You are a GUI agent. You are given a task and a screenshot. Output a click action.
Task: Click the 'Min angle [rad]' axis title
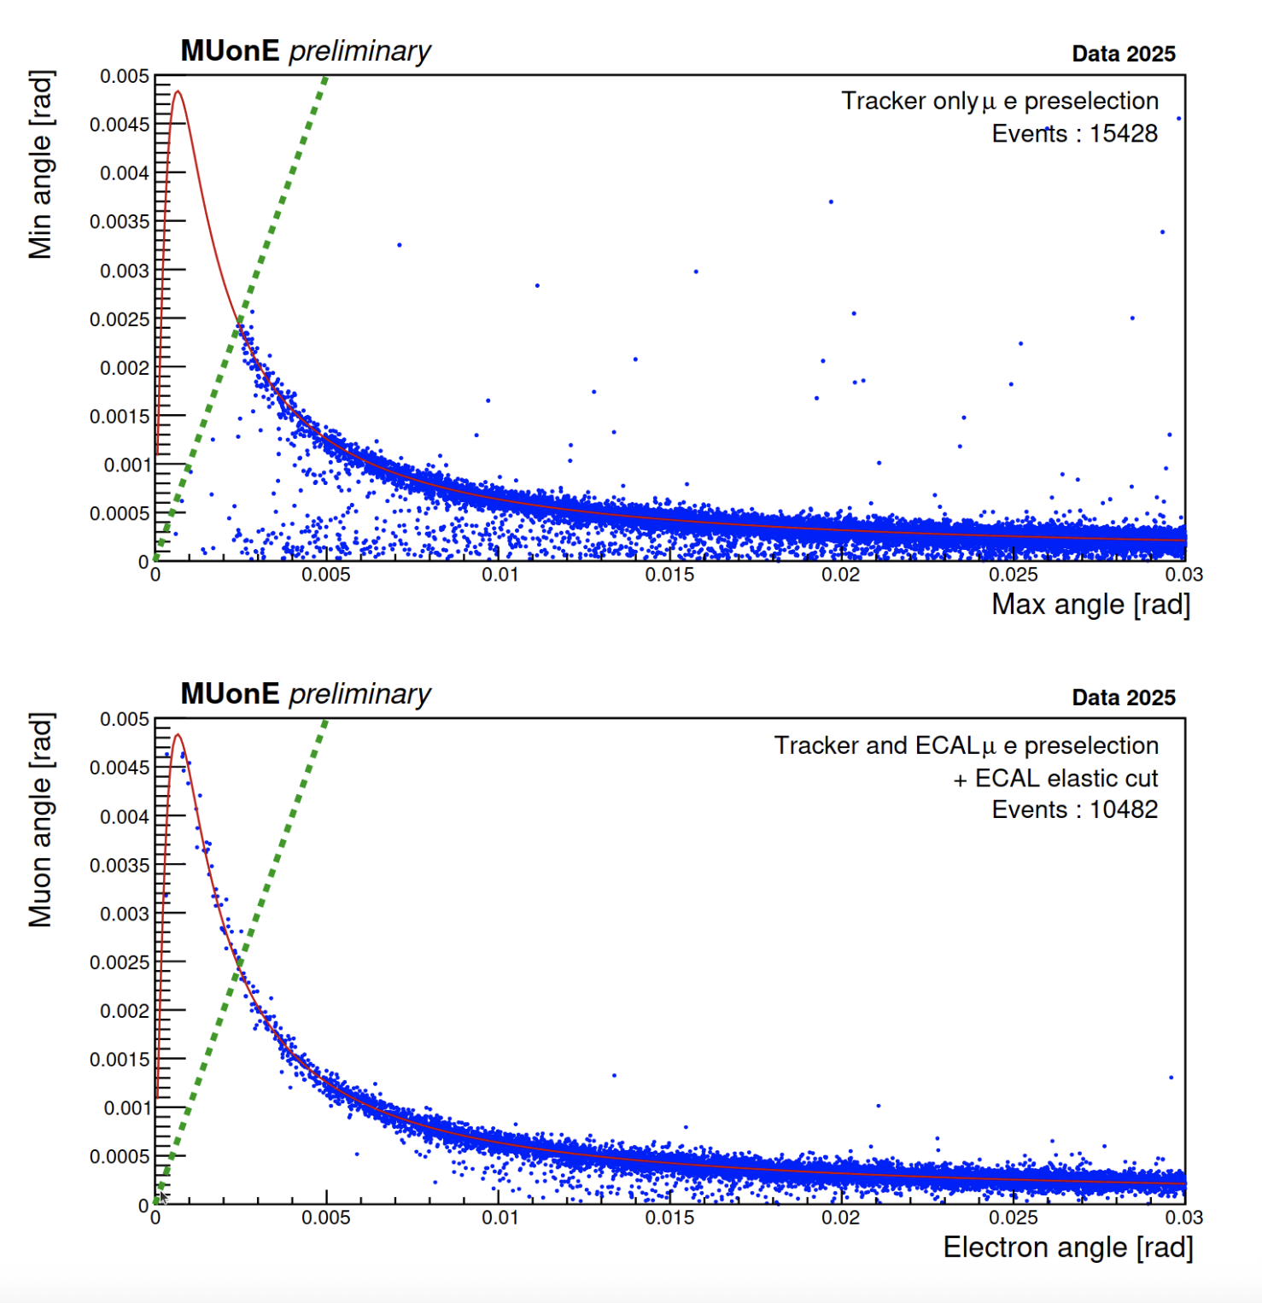pos(40,164)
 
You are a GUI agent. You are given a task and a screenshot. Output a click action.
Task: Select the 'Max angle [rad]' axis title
pos(1090,605)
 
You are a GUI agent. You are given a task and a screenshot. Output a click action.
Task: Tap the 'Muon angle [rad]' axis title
pos(40,820)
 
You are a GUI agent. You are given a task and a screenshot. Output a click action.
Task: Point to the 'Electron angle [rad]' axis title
pos(1067,1247)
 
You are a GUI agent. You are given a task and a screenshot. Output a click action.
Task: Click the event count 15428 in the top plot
pos(1123,134)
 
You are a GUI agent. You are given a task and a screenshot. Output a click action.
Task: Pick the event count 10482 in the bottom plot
pos(1123,809)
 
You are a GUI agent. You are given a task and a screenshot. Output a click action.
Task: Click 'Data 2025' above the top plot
pos(1123,54)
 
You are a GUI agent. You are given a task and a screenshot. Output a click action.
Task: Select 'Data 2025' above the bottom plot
pos(1123,698)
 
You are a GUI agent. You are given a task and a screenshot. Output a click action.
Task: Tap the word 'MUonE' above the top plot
pos(230,51)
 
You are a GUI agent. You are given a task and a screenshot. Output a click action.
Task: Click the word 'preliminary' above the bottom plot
pos(359,695)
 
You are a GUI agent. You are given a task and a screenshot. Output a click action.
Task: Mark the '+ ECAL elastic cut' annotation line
pos(1055,778)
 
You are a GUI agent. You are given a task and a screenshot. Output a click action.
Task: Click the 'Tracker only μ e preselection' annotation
pos(1000,102)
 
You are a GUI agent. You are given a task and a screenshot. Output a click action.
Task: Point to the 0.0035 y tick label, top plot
pos(120,222)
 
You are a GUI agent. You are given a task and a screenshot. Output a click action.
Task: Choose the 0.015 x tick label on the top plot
pos(669,576)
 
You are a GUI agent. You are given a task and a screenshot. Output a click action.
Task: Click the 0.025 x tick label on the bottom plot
pos(1013,1218)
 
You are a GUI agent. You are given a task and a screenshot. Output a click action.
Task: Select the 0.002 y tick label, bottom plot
pos(125,1011)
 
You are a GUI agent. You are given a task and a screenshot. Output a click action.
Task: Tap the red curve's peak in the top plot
pos(178,91)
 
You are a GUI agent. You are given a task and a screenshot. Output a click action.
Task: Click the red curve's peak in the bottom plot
pos(178,734)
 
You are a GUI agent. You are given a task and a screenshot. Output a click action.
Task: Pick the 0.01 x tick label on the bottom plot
pos(500,1218)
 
